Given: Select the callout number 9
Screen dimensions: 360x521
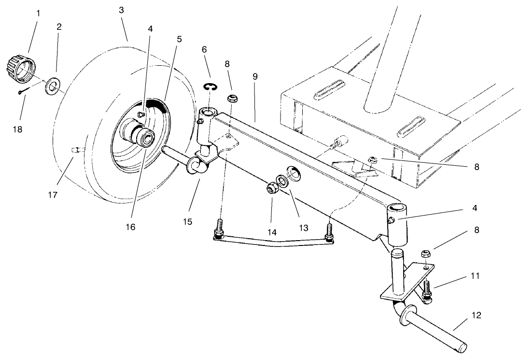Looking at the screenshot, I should pos(255,76).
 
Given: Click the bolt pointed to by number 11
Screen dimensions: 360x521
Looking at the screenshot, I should pos(427,290).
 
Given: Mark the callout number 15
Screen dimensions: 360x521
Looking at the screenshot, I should pos(187,221).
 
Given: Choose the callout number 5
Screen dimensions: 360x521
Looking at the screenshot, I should pos(179,39).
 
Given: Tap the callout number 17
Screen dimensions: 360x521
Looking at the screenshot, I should pos(53,195).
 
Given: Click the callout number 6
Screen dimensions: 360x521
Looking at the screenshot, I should pos(204,50).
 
